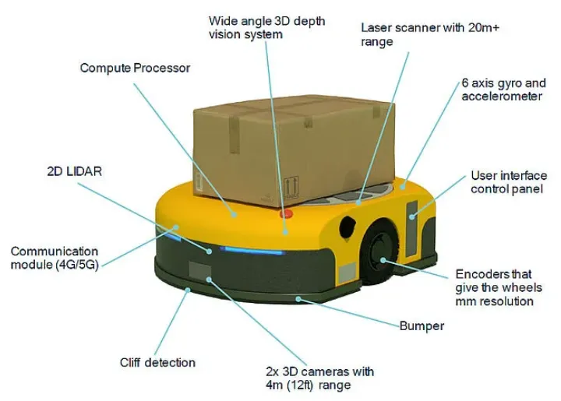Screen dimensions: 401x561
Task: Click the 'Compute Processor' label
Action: (x=135, y=69)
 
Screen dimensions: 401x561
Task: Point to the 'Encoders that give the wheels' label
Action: (x=493, y=287)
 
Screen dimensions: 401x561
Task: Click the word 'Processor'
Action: (x=161, y=69)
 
